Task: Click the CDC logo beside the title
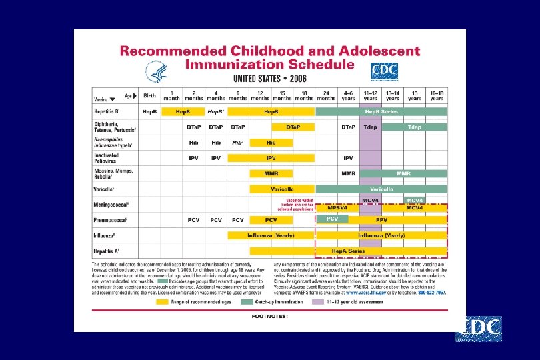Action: [x=383, y=72]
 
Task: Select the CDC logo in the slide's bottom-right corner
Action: [x=478, y=329]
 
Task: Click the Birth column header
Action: [x=149, y=95]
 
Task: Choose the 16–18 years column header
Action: [x=437, y=95]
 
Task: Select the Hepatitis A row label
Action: [x=107, y=251]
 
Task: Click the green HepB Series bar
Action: [x=381, y=111]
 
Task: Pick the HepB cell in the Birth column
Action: [x=149, y=111]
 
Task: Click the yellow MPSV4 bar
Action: [x=337, y=208]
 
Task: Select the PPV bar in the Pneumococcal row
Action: [x=381, y=219]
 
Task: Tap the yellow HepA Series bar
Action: [x=348, y=251]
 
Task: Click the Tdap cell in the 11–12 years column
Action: [x=369, y=127]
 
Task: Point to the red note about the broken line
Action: [x=299, y=204]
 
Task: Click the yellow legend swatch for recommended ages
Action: [x=162, y=301]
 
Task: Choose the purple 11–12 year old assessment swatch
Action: [x=319, y=301]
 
